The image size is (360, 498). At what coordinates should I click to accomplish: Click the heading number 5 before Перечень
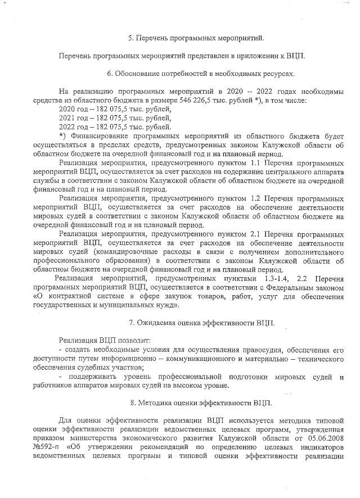coord(130,38)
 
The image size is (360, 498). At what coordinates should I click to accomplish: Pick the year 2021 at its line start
coord(66,118)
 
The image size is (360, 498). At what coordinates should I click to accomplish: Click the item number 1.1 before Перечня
coord(255,163)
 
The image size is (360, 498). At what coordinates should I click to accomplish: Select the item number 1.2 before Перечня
coord(255,198)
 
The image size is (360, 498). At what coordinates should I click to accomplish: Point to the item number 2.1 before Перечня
coord(255,234)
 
